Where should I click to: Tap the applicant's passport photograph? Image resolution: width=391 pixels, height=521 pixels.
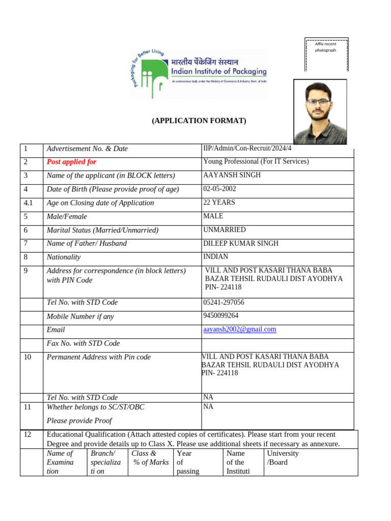pyautogui.click(x=320, y=111)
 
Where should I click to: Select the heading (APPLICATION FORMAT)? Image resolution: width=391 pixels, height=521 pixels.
pyautogui.click(x=199, y=121)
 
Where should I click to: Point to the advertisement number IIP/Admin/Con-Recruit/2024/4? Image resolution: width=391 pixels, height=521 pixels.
pyautogui.click(x=247, y=148)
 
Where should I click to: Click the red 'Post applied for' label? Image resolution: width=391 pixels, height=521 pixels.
pyautogui.click(x=71, y=162)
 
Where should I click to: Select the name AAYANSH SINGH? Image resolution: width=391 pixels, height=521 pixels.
pyautogui.click(x=232, y=175)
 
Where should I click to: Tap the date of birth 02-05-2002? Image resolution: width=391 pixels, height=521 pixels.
pyautogui.click(x=219, y=189)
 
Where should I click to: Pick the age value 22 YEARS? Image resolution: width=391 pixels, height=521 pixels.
pyautogui.click(x=219, y=202)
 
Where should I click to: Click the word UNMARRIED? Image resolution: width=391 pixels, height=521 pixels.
pyautogui.click(x=224, y=230)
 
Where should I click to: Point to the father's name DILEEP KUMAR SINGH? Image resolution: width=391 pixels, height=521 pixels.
pyautogui.click(x=241, y=243)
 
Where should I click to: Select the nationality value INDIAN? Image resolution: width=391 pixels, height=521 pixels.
pyautogui.click(x=215, y=256)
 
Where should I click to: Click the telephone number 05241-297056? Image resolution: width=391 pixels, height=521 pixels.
pyautogui.click(x=224, y=302)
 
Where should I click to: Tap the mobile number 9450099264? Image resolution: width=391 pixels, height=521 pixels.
pyautogui.click(x=220, y=315)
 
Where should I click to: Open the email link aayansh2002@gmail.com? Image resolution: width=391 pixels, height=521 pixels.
pyautogui.click(x=239, y=329)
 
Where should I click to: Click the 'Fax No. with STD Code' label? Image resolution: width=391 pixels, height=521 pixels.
pyautogui.click(x=83, y=343)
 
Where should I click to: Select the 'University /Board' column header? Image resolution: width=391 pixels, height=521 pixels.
pyautogui.click(x=283, y=457)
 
